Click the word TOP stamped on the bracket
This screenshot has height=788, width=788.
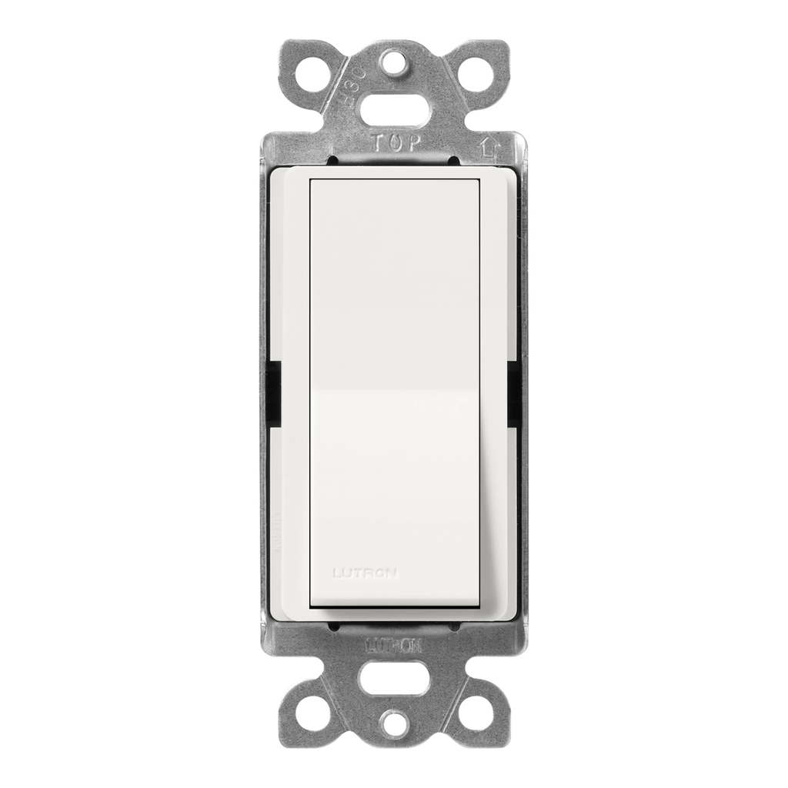pyautogui.click(x=396, y=142)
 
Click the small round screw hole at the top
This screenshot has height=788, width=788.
pyautogui.click(x=394, y=62)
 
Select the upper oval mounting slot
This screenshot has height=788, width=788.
pyautogui.click(x=394, y=109)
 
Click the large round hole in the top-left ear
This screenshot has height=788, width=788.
pyautogui.click(x=316, y=73)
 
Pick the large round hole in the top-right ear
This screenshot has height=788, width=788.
pyautogui.click(x=474, y=73)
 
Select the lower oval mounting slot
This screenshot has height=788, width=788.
pyautogui.click(x=394, y=678)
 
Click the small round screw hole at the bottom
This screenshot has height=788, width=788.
pyautogui.click(x=394, y=724)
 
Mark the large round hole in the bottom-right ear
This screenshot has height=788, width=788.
pyautogui.click(x=476, y=713)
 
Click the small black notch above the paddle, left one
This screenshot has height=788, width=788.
pyautogui.click(x=333, y=161)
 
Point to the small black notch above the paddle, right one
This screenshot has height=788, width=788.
pyautogui.click(x=454, y=161)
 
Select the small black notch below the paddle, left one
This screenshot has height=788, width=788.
pyautogui.click(x=333, y=627)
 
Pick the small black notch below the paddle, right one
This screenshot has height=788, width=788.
pyautogui.click(x=454, y=627)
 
